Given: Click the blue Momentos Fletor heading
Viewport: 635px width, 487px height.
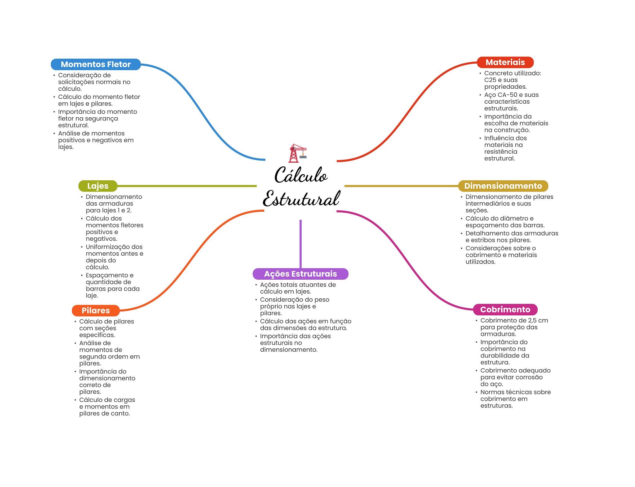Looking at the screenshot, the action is click(95, 64).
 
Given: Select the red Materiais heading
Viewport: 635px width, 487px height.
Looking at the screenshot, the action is click(505, 62).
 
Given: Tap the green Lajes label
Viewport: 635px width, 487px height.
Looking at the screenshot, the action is click(98, 186).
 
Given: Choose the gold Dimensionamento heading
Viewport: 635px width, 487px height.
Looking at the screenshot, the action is click(503, 186).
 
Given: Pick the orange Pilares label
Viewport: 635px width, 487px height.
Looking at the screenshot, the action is click(95, 310).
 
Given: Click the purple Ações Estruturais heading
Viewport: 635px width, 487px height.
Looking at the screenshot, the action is click(300, 274).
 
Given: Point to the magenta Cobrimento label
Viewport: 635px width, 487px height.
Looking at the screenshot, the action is click(505, 309).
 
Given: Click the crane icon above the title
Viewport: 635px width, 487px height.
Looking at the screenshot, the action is click(297, 153).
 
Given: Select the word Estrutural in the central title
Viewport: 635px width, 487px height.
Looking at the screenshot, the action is click(301, 199).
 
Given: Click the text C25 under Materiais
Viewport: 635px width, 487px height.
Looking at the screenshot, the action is click(490, 80).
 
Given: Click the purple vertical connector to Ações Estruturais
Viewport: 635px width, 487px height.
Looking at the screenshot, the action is click(300, 244).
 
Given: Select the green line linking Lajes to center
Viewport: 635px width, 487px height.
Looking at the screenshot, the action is click(186, 186).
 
